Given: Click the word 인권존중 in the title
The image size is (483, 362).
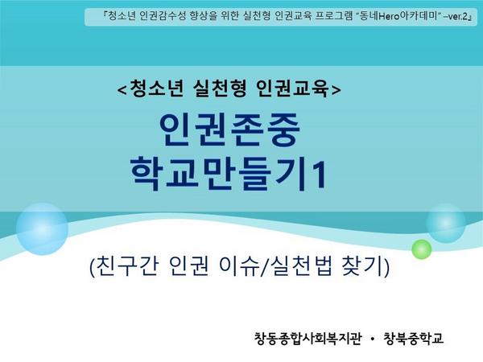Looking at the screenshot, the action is click(229, 130).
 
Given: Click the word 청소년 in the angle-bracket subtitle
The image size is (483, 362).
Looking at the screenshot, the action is click(156, 88).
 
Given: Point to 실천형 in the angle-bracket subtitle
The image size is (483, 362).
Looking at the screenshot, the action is click(221, 88).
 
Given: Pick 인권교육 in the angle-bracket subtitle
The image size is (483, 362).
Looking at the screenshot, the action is click(293, 88).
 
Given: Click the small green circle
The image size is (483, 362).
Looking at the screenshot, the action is click(422, 249).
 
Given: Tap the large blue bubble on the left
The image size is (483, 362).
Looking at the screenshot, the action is click(42, 228).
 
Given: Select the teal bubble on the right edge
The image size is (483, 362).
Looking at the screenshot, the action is click(446, 223).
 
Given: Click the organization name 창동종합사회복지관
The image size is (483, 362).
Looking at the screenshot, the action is click(308, 339).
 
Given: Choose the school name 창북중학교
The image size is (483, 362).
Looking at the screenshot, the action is click(414, 339).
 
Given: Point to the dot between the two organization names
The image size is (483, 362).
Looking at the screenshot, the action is click(373, 339).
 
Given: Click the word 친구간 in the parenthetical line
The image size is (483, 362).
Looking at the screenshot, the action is click(127, 265).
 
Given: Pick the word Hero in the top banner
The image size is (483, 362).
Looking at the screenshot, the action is click(389, 17).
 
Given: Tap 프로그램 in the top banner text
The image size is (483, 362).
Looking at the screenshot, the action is click(333, 16).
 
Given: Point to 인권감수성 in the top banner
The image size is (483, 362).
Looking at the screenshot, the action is click(163, 16).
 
